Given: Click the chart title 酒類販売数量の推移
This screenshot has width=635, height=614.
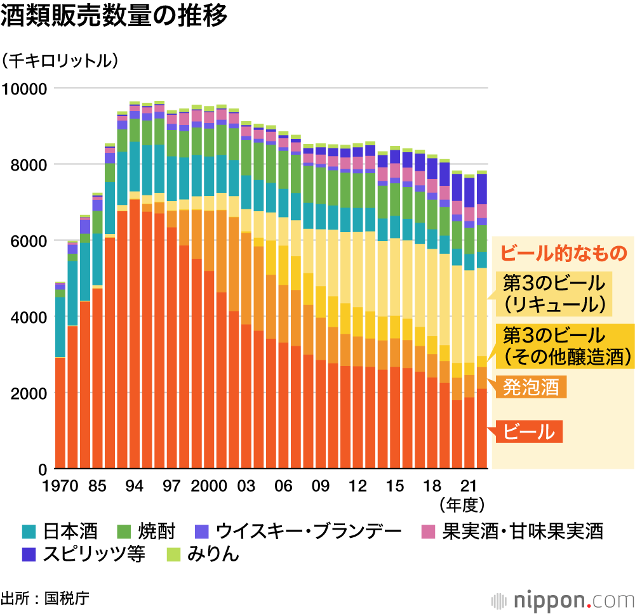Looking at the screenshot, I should pos(114,17).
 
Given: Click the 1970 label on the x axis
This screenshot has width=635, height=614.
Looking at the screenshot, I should pos(61,487).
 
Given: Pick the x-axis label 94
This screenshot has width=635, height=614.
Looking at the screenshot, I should pos(134,487).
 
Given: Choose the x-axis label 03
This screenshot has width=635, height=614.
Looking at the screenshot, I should pos(246,487).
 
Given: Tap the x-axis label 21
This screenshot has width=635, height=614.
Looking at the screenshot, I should pos(469,487).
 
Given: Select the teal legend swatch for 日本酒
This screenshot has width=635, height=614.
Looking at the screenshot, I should pos(29,531).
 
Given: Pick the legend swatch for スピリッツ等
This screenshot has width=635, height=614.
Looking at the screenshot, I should pos(29,554).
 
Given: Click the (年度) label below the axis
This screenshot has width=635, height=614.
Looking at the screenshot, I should pos(462,505).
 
